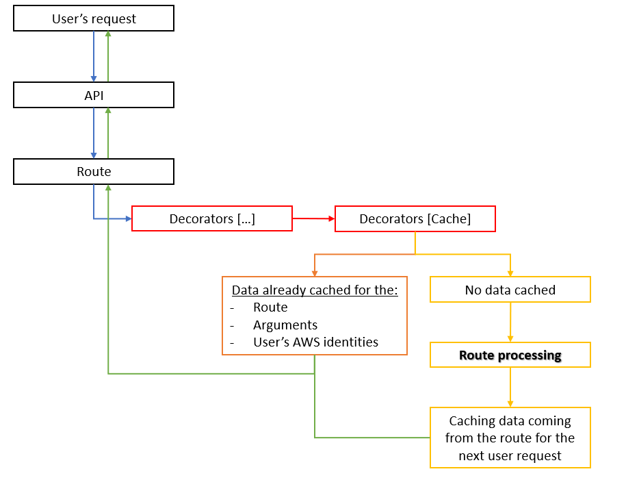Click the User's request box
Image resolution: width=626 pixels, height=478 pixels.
(94, 19)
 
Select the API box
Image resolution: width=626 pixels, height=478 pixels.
(94, 95)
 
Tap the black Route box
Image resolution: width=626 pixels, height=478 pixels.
(94, 171)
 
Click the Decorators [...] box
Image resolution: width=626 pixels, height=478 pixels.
(211, 219)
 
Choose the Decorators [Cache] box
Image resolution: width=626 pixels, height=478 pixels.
(415, 219)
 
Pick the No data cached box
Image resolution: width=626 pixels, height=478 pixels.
(510, 290)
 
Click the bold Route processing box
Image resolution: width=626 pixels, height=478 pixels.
(510, 355)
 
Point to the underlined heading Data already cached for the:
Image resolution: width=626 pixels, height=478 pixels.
(314, 290)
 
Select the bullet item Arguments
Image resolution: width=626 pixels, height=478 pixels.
(285, 325)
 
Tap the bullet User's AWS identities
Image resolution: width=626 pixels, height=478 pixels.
(315, 342)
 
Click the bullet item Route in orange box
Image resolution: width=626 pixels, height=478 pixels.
(270, 307)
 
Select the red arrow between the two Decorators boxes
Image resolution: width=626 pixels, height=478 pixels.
(313, 219)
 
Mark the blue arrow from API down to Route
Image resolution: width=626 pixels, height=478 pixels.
(94, 133)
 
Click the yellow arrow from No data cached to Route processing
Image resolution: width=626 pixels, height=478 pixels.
(510, 322)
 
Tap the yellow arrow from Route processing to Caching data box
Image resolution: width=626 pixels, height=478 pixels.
(510, 387)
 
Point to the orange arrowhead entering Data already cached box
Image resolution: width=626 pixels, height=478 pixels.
(314, 273)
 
